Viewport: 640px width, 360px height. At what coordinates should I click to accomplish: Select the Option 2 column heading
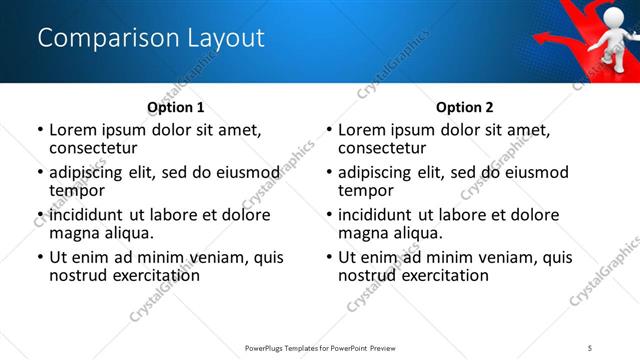point(464,107)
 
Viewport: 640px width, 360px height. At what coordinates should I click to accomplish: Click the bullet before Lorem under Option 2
point(329,131)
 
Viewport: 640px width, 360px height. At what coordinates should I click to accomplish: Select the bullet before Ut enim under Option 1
point(40,258)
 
